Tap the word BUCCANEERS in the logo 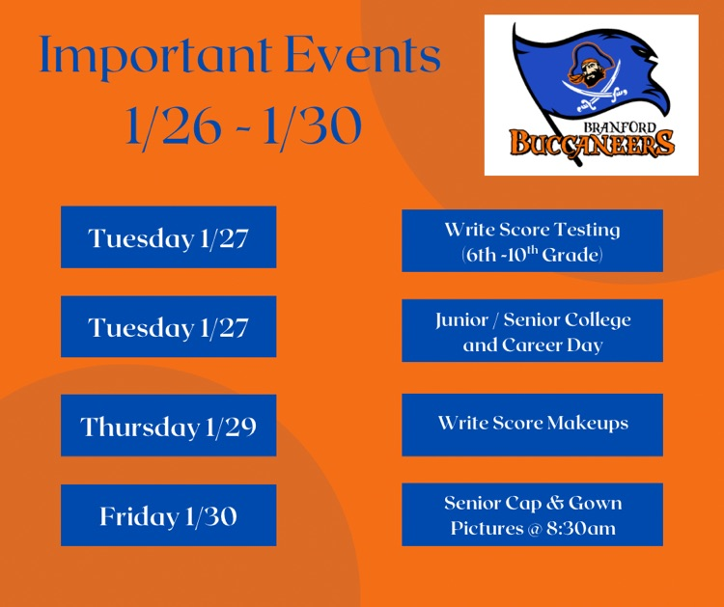click(592, 145)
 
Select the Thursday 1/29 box click(168, 426)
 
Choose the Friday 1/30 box click(168, 516)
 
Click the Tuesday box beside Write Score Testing click(168, 237)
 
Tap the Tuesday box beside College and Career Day click(168, 327)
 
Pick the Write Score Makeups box click(532, 424)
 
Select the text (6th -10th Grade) click(532, 256)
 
